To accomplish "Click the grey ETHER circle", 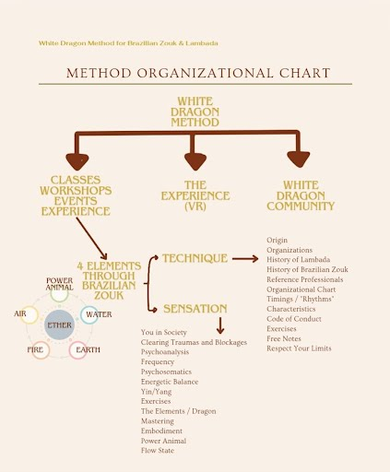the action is point(59,324).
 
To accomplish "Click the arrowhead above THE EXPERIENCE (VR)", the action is point(195,161).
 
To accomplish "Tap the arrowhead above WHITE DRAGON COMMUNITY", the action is point(299,159).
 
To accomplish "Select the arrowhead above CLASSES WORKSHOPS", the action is point(77,162).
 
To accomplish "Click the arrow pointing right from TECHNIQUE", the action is point(245,259).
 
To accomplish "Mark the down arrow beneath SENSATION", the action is point(220,325).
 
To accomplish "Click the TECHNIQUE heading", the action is point(195,258).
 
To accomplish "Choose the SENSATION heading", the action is point(195,309).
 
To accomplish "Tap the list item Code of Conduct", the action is point(294,319).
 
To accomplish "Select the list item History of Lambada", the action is point(298,259).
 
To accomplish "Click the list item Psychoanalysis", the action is point(165,352).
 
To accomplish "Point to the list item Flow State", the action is point(158,451).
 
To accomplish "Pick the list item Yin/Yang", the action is point(156,392).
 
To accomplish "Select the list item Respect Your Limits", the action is point(299,348).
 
